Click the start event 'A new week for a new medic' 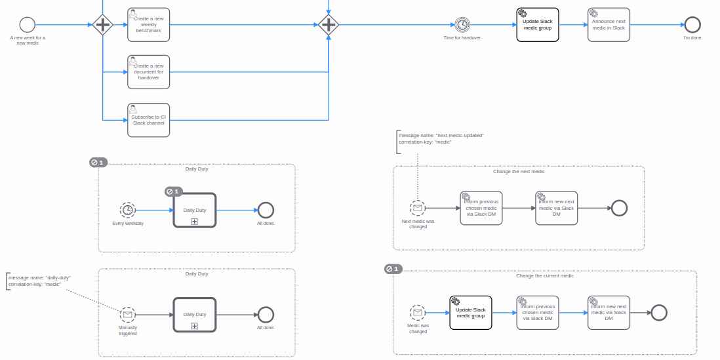point(27,25)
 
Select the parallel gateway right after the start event point(103,25)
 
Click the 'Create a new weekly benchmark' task point(148,25)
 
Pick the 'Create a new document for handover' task point(148,72)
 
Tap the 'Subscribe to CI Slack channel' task point(148,120)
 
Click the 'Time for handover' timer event point(462,25)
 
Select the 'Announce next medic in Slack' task point(609,25)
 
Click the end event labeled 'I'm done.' point(692,25)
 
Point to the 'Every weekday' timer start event point(128,210)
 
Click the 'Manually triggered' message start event point(128,314)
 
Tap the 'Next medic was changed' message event point(418,208)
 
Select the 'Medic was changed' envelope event point(418,313)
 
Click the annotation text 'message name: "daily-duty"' point(39,278)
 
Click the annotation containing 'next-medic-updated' point(441,135)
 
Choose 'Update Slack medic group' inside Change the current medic point(471,312)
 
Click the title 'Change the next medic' point(519,172)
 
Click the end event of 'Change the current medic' point(659,313)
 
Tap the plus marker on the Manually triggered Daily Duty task point(195,326)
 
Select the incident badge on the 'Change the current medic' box point(393,269)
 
